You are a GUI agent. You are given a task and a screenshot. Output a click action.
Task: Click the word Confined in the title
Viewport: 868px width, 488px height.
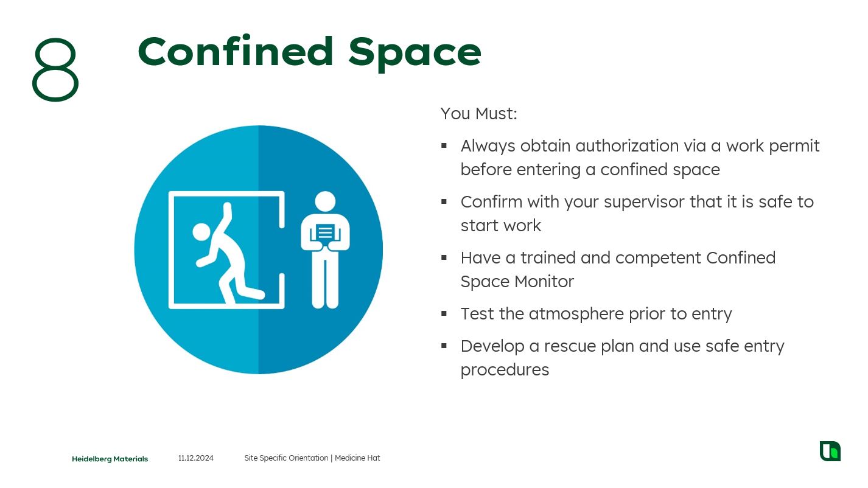pos(236,51)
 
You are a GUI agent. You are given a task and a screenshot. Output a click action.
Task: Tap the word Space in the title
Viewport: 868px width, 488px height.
pos(415,54)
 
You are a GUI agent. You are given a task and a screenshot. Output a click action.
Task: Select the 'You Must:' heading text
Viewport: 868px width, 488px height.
pos(479,114)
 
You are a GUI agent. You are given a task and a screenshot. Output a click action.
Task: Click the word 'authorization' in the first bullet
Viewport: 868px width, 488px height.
pos(627,146)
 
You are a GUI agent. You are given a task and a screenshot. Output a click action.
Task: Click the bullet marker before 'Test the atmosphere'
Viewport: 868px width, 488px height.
pos(444,313)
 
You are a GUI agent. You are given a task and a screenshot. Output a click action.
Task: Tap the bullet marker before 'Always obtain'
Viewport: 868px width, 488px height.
pos(444,145)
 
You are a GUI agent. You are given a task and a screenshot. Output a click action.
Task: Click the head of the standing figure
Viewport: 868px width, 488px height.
pos(325,201)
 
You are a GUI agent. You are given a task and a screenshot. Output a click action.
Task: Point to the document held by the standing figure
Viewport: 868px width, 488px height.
pos(325,232)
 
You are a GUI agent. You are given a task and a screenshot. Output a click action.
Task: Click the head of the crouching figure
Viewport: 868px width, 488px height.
pos(201,232)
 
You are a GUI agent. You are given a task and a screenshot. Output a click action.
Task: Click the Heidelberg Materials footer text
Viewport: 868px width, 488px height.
pos(110,459)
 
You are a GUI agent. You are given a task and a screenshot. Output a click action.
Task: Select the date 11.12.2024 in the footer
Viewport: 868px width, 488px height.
pos(195,458)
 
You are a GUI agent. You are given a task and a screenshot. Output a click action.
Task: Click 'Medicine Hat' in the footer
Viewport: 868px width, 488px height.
pos(357,458)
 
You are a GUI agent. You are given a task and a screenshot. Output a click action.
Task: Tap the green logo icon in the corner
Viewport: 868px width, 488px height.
pos(830,451)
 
